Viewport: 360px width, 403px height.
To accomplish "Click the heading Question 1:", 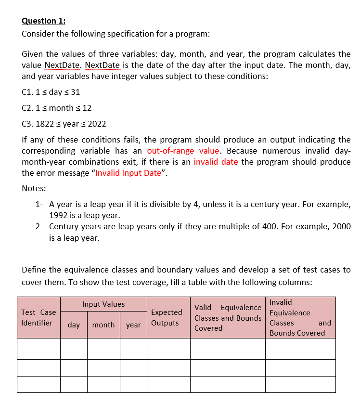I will pos(44,21).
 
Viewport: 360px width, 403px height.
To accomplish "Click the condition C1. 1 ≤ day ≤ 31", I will pos(51,92).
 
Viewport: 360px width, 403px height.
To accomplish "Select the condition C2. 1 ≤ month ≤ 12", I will pos(57,108).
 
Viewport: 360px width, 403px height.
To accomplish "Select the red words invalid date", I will pos(216,162).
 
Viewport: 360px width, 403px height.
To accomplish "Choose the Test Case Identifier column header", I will pos(39,318).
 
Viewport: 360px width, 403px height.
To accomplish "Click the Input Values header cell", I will pos(103,304).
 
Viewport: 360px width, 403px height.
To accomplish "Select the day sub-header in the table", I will pos(74,325).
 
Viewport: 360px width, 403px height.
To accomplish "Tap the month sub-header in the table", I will pos(103,325).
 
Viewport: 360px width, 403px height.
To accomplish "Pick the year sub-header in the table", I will pos(133,325).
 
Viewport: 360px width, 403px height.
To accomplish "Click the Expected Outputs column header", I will pos(167,318).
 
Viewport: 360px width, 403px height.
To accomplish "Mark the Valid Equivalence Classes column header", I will pos(228,318).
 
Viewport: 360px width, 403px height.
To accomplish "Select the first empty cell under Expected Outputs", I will pos(167,349).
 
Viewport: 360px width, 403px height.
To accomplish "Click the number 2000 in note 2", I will pos(341,226).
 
